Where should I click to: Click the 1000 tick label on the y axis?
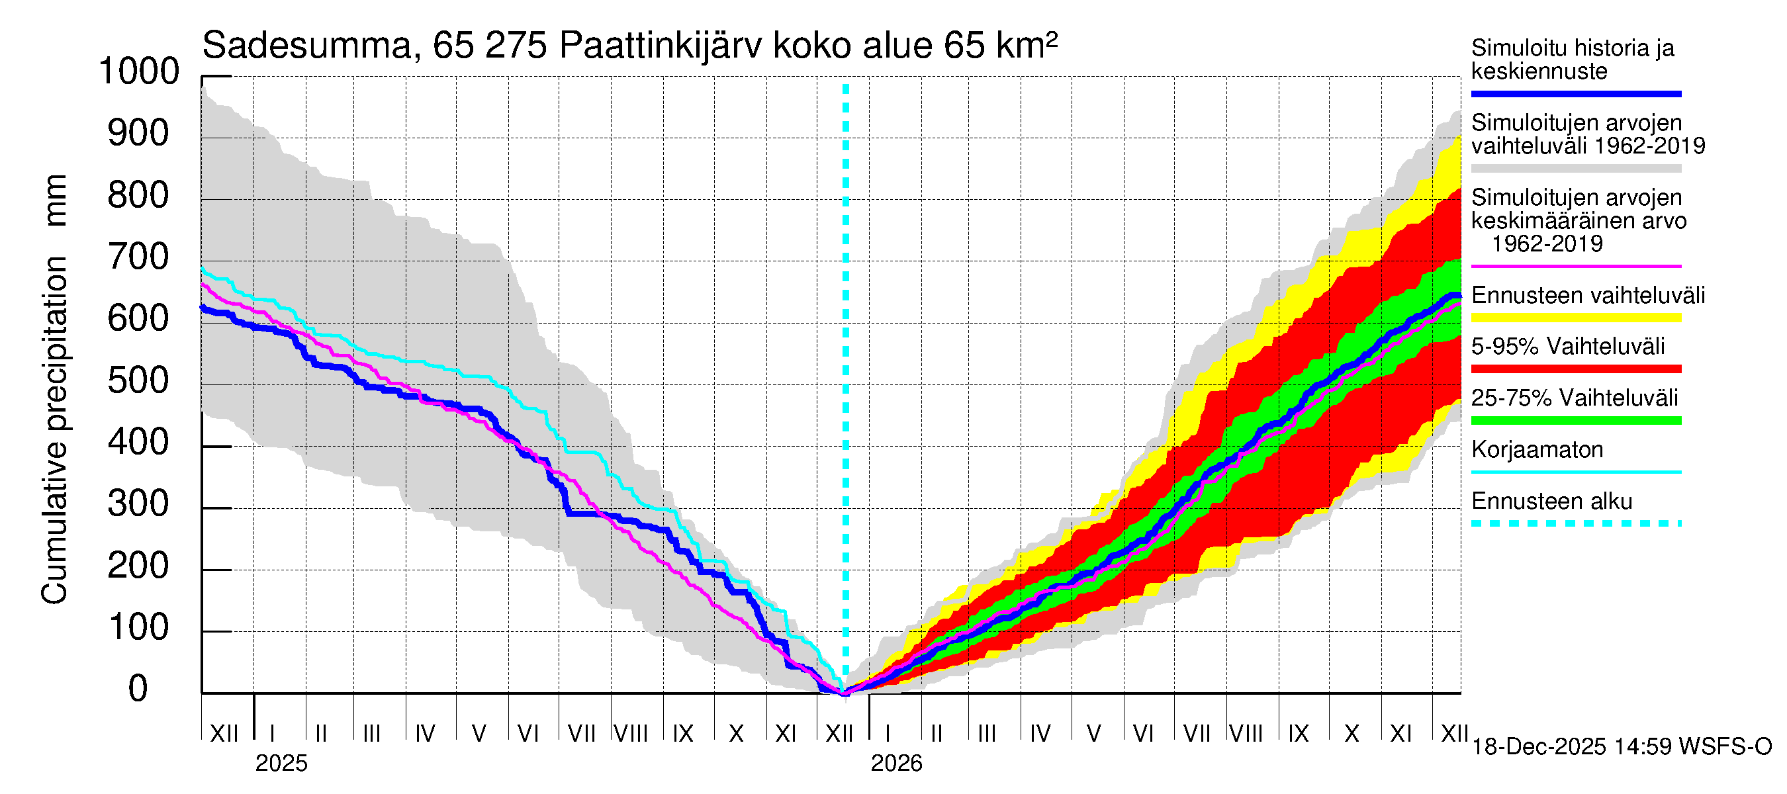[139, 71]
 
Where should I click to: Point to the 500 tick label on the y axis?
[139, 380]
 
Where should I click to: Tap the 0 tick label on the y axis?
[139, 689]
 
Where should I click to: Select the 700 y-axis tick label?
[139, 257]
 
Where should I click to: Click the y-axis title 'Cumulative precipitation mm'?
[55, 388]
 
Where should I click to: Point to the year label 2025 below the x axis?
[281, 764]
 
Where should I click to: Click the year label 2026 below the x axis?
[896, 764]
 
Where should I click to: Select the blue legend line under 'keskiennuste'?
[1576, 93]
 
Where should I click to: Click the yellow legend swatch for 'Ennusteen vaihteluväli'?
[1576, 318]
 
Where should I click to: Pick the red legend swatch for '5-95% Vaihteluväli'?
[1576, 369]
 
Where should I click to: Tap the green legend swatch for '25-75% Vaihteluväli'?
[1576, 420]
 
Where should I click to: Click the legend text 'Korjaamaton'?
[1537, 450]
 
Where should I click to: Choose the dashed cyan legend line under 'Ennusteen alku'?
[1576, 523]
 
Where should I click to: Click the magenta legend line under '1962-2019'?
[1576, 266]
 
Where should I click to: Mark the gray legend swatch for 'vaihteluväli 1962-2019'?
[1576, 169]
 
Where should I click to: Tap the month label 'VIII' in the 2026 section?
[1246, 734]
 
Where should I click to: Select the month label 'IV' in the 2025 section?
[424, 734]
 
